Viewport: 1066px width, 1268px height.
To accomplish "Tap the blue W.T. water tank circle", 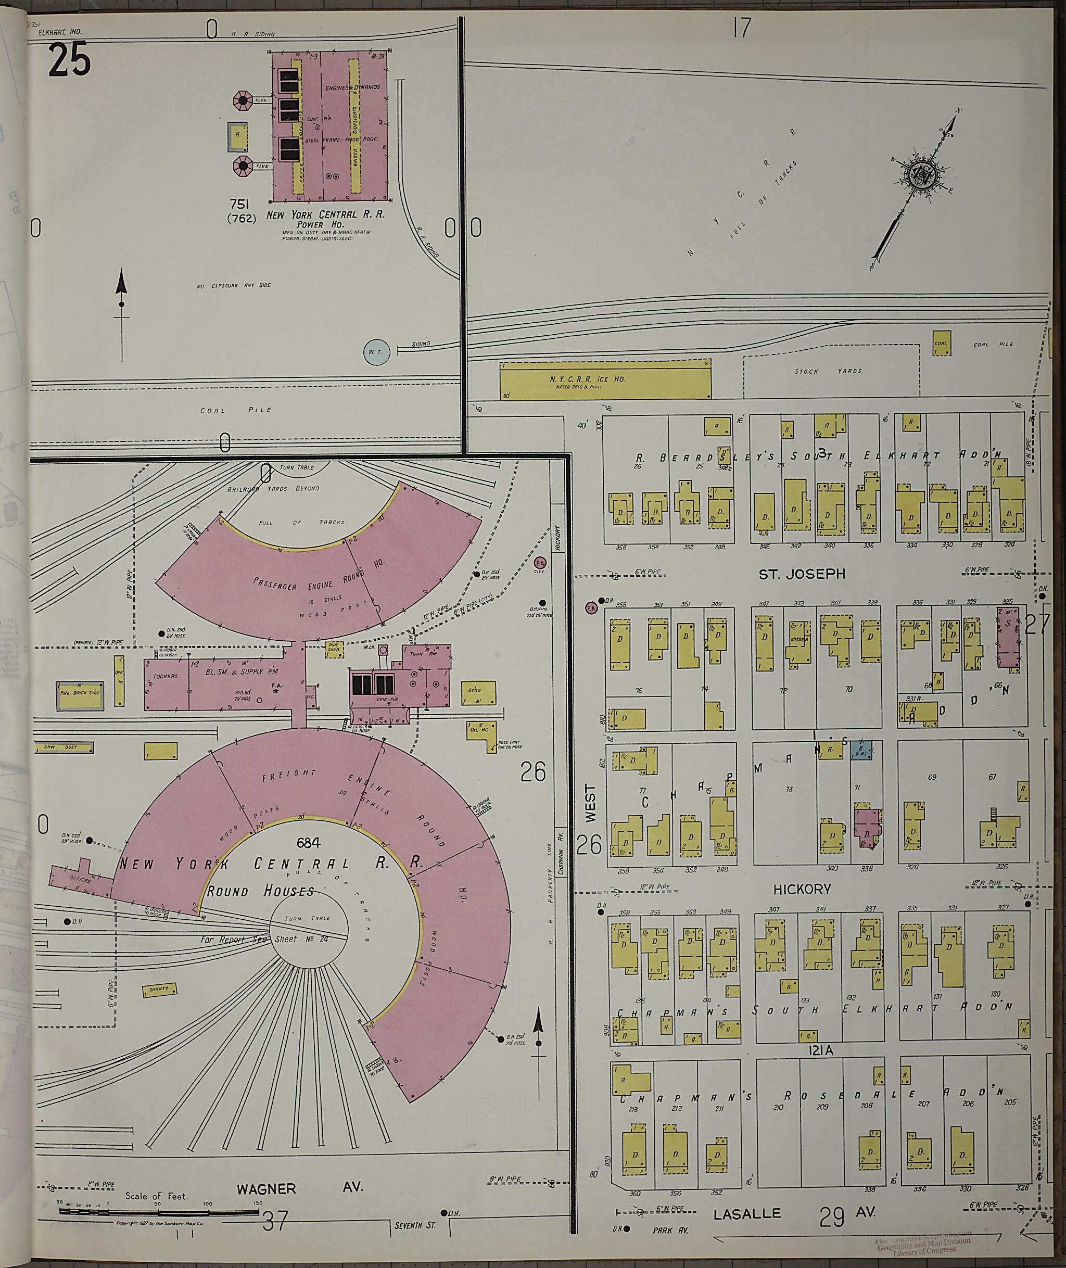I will click(376, 351).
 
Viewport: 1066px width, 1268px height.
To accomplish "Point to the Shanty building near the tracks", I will click(159, 990).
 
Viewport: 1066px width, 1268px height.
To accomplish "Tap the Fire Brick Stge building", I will click(79, 695).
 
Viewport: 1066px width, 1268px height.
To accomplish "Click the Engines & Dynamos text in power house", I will click(352, 87).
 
